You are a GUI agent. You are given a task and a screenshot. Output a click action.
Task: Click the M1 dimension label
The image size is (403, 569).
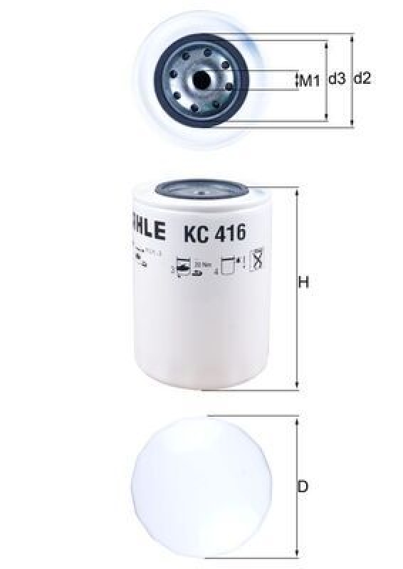point(309,80)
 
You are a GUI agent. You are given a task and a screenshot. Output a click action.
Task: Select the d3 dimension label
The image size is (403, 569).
point(337,80)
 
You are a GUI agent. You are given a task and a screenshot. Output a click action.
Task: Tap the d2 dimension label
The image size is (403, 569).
point(362,80)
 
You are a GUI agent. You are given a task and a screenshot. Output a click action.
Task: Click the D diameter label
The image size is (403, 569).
point(303,487)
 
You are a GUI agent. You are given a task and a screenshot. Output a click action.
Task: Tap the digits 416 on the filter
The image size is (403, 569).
point(228,232)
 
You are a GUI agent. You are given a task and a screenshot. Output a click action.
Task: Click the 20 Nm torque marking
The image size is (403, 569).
point(207,262)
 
